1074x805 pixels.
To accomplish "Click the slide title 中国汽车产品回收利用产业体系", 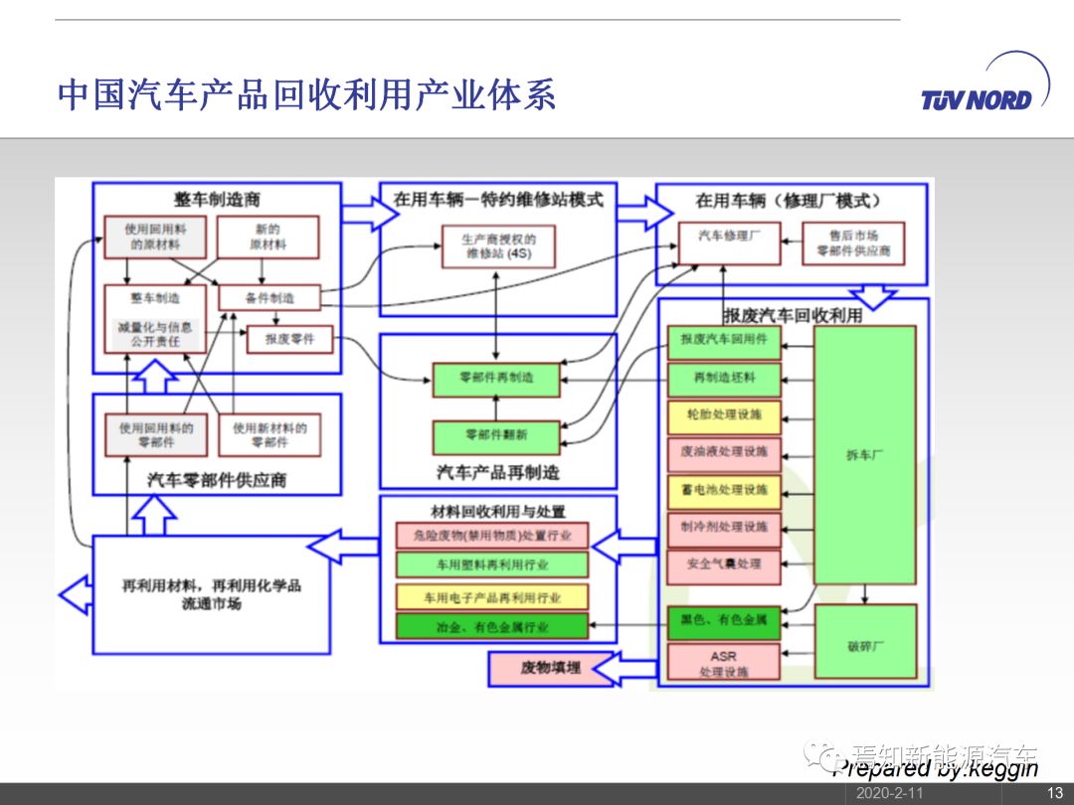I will [306, 94].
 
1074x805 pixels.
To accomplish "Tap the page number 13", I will [1055, 793].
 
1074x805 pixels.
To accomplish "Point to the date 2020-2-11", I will [890, 793].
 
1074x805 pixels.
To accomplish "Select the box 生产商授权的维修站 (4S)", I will [498, 246].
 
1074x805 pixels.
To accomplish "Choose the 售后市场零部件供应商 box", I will [853, 243].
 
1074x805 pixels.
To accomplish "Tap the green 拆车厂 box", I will [864, 454].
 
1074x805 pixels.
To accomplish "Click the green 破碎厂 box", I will [864, 646].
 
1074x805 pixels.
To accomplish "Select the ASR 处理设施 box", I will [723, 664].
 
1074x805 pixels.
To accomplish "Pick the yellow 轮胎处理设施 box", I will [724, 414].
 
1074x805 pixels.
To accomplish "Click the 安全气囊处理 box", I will [724, 564].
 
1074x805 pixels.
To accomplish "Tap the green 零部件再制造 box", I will [496, 379].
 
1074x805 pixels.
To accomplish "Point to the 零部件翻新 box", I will [496, 436].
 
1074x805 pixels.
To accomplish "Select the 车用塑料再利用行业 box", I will [492, 564].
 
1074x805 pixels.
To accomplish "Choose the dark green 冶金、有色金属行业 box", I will [492, 627].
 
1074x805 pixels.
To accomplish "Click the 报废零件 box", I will [289, 340].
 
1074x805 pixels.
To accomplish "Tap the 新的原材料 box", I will [268, 237].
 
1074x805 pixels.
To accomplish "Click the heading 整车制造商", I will [217, 200].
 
